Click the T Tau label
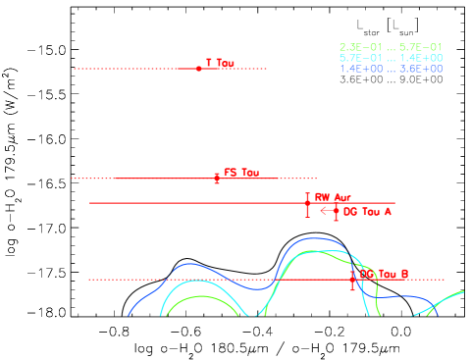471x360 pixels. pos(220,63)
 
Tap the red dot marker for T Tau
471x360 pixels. pos(199,69)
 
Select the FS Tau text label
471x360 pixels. pos(241,173)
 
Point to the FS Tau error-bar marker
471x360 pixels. pos(217,179)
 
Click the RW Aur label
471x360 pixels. pos(333,197)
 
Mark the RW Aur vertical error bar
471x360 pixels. pos(307,204)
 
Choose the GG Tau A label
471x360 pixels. pos(368,211)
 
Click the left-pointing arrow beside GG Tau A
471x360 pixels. pos(326,210)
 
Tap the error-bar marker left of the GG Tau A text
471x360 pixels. pos(336,211)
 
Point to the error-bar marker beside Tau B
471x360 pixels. pos(352,280)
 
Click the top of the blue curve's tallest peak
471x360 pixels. pos(313,238)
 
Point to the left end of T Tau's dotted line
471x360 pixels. pos(75,69)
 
